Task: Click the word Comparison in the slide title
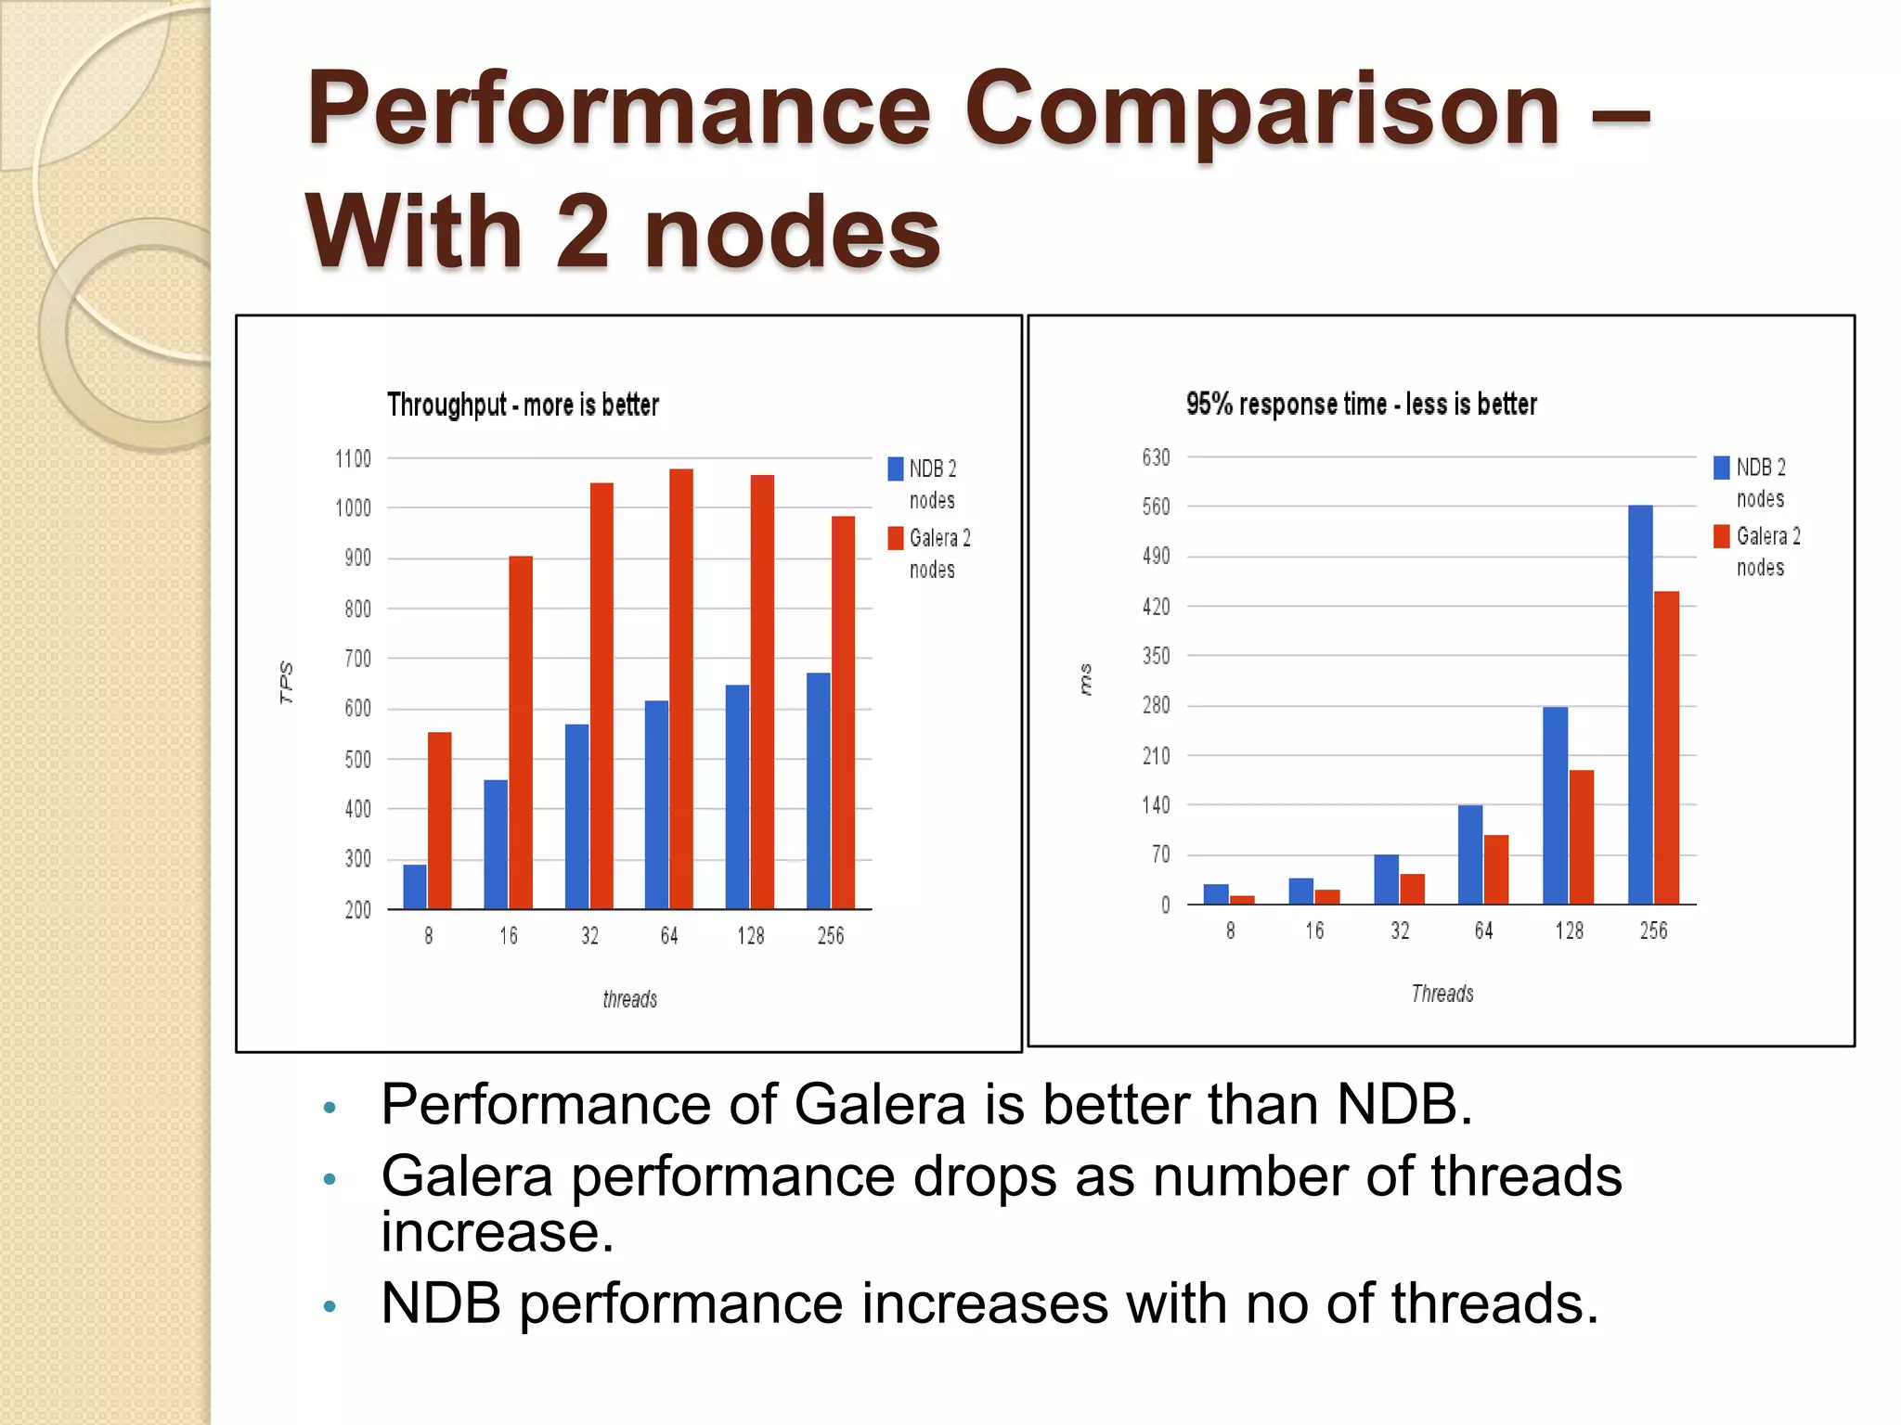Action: point(1262,111)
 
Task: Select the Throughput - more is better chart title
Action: point(523,405)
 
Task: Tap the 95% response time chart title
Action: point(1361,404)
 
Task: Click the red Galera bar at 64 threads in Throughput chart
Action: point(680,688)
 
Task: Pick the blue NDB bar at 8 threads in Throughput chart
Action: point(415,886)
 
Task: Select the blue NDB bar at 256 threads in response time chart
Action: point(1640,705)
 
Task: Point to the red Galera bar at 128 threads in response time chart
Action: point(1582,837)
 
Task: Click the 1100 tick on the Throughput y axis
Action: point(353,458)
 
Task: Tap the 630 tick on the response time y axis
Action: point(1156,457)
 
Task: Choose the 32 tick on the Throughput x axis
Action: point(589,936)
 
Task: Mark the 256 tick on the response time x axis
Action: point(1653,931)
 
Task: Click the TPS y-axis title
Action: point(286,683)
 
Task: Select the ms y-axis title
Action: point(1085,680)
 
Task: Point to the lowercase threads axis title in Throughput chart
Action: point(629,999)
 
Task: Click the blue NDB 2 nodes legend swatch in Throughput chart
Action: point(896,469)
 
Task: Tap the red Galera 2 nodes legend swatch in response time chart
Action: point(1722,536)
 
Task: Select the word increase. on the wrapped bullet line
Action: point(498,1232)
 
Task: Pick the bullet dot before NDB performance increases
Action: point(329,1307)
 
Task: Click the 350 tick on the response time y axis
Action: point(1156,656)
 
